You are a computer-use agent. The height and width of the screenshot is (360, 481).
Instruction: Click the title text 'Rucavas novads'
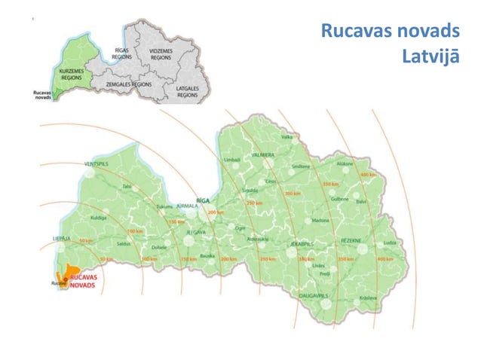pos(390,32)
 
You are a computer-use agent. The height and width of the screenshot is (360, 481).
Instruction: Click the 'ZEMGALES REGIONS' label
pos(130,85)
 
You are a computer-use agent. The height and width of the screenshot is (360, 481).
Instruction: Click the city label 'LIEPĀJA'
pos(62,237)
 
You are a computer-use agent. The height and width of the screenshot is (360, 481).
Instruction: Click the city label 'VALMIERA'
pos(263,154)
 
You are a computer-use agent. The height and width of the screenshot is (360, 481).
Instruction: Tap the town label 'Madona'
pos(320,221)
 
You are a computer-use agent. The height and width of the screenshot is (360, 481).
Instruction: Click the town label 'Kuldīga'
pos(99,217)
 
